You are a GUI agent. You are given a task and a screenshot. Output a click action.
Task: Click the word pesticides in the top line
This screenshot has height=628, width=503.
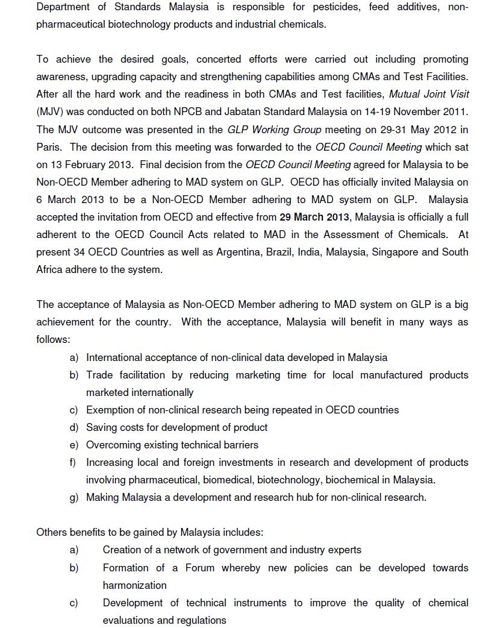pyautogui.click(x=336, y=7)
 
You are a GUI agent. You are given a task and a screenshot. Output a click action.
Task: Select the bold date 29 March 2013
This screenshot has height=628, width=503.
pyautogui.click(x=314, y=217)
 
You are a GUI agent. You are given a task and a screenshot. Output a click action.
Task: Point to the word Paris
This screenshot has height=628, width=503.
pyautogui.click(x=50, y=147)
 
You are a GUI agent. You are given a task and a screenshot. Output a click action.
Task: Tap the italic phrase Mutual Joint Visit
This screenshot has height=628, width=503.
pyautogui.click(x=429, y=94)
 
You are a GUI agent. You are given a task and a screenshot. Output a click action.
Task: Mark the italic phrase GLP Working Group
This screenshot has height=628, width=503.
pyautogui.click(x=274, y=130)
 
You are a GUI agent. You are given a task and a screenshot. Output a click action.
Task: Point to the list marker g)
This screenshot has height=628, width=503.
pyautogui.click(x=74, y=498)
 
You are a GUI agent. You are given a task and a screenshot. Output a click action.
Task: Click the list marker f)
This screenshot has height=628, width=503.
pyautogui.click(x=74, y=463)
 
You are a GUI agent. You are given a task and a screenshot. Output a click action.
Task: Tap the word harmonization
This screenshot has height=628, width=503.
pyautogui.click(x=134, y=585)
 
